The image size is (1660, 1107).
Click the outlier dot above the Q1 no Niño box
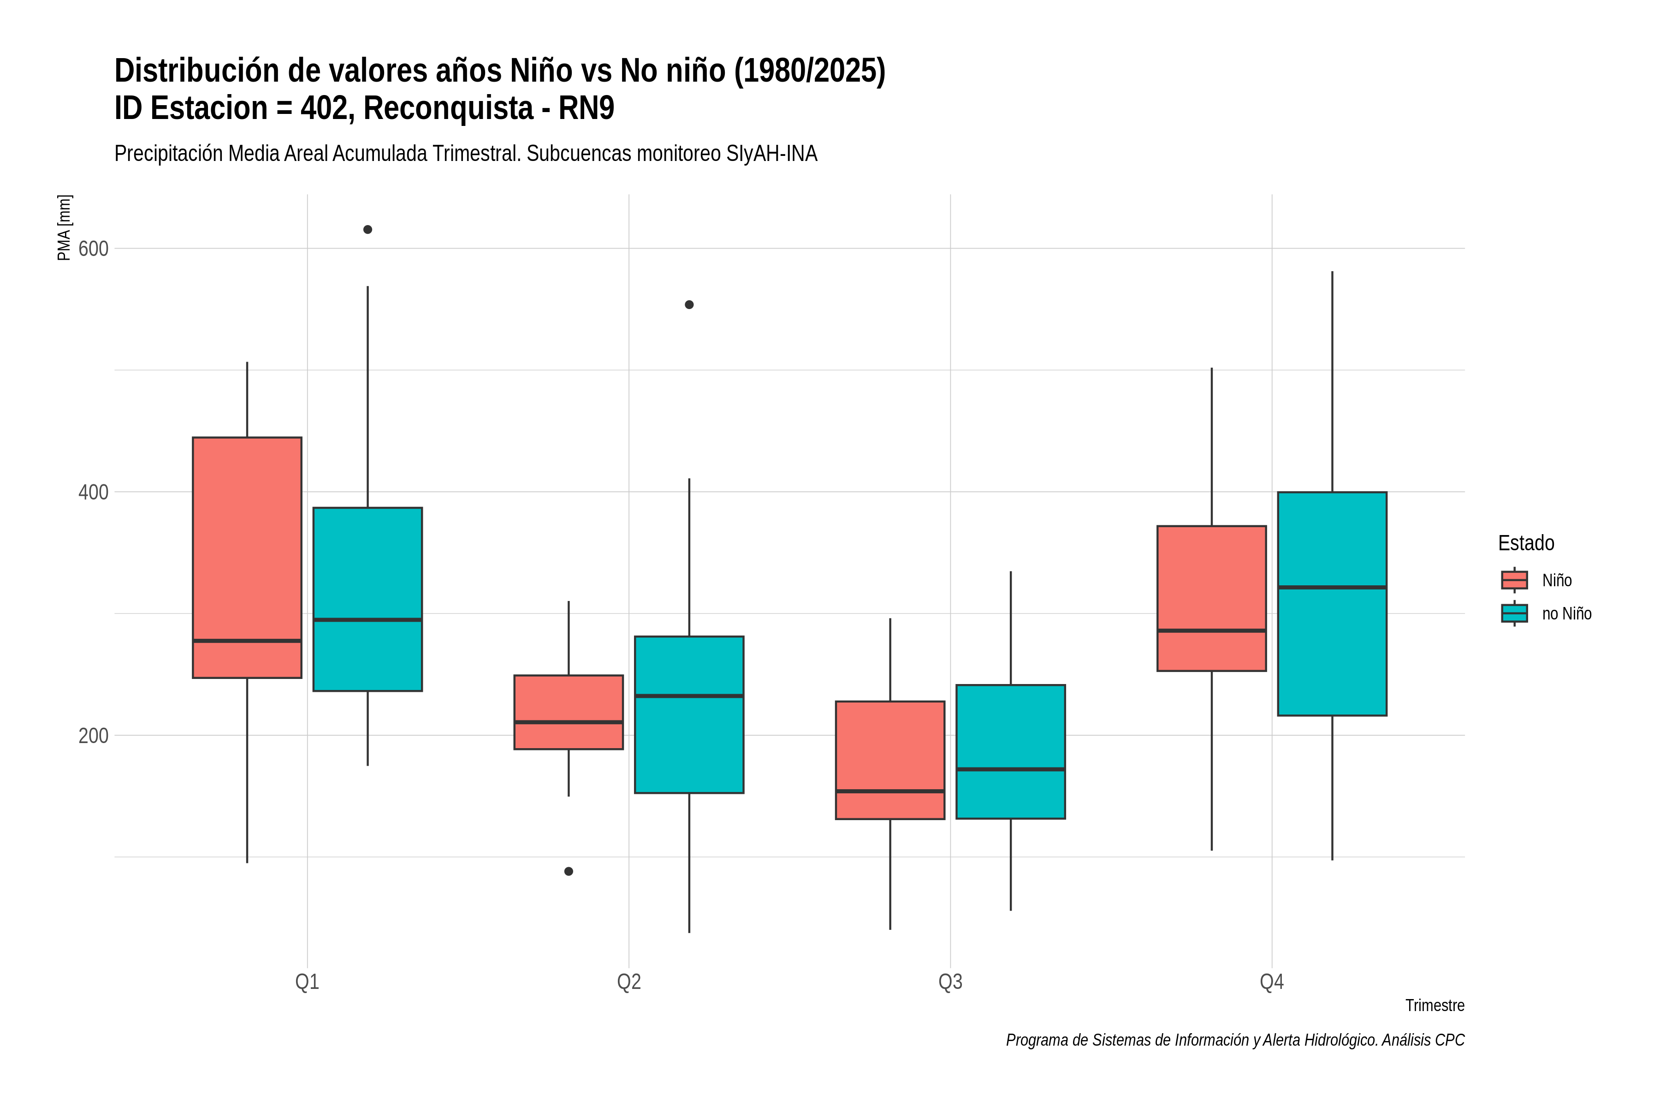point(368,229)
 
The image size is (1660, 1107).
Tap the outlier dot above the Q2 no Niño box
point(689,305)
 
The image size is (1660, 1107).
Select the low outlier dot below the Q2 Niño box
point(569,871)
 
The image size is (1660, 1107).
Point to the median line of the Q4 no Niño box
point(1332,587)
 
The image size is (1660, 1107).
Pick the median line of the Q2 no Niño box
point(689,696)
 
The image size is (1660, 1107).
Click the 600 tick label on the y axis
point(93,249)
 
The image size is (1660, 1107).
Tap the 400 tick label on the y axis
point(93,492)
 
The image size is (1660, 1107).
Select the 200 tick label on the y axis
point(93,736)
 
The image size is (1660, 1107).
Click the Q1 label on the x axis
point(307,982)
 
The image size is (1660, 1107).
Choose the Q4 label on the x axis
point(1272,982)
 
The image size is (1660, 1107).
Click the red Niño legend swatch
point(1515,580)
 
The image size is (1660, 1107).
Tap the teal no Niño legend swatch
point(1515,613)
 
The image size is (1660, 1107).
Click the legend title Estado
point(1526,543)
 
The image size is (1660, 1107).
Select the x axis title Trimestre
point(1435,1006)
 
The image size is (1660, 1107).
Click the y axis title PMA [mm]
point(64,227)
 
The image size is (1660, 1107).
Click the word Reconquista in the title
point(449,108)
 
